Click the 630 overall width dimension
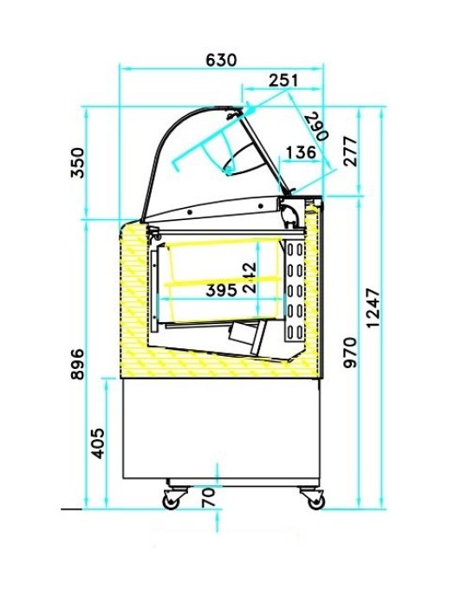pyautogui.click(x=221, y=60)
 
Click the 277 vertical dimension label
pyautogui.click(x=350, y=153)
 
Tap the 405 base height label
pyautogui.click(x=98, y=443)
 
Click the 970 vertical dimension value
pyautogui.click(x=350, y=351)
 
